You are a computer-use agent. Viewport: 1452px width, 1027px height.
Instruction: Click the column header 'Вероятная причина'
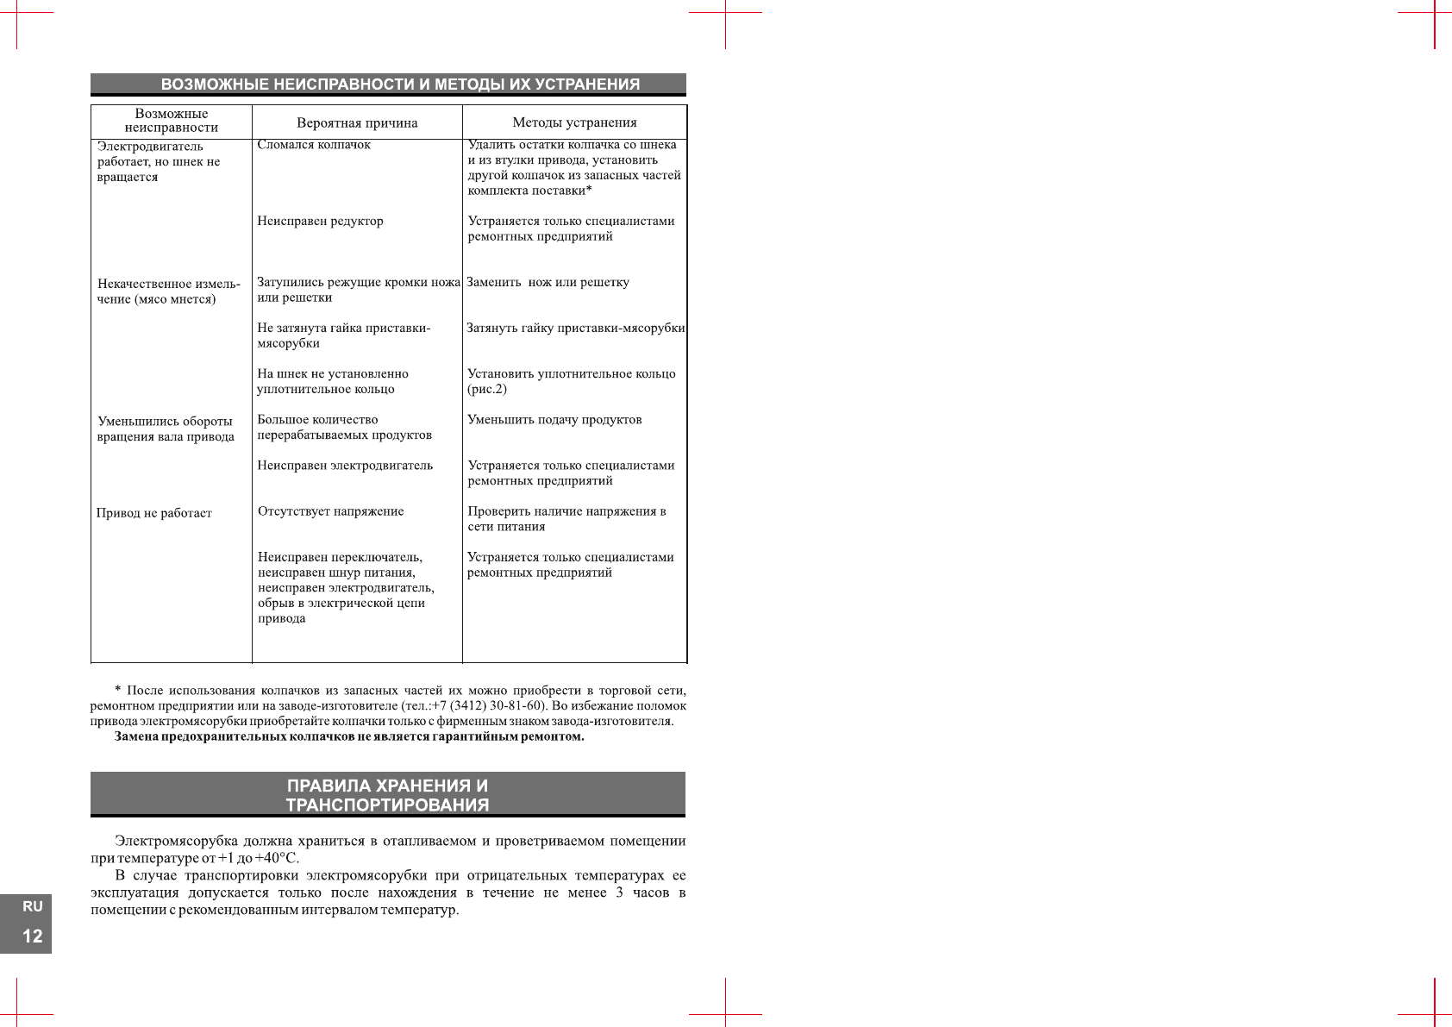click(x=357, y=122)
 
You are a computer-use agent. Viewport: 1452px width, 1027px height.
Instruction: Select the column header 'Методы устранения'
click(x=574, y=122)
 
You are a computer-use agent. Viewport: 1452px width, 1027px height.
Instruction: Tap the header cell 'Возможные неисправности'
click(x=172, y=121)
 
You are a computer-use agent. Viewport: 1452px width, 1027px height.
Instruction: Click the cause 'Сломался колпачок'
click(x=314, y=145)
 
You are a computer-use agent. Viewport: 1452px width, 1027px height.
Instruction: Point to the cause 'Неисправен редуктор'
click(x=320, y=222)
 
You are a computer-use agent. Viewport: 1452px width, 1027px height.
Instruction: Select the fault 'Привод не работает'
click(x=154, y=513)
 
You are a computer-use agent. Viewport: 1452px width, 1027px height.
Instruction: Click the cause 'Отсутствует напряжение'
click(x=330, y=511)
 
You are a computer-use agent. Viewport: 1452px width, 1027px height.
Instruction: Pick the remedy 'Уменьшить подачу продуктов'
click(x=554, y=420)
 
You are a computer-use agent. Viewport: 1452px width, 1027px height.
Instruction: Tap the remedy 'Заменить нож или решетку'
click(x=548, y=283)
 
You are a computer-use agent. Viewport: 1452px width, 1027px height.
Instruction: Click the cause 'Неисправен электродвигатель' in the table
click(x=345, y=466)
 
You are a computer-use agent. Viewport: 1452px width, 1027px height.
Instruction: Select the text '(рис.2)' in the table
click(x=487, y=390)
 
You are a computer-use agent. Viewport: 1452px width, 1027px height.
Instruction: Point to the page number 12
click(x=32, y=936)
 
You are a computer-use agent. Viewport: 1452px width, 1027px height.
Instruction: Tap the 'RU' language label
click(x=32, y=906)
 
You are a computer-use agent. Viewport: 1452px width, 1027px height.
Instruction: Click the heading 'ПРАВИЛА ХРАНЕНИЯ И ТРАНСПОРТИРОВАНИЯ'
click(x=387, y=795)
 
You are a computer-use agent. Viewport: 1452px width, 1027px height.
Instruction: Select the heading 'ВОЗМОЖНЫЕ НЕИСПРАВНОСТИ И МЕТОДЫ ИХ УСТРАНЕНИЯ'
click(x=400, y=85)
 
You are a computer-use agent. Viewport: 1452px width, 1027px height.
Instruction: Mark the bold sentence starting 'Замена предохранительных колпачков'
click(x=349, y=737)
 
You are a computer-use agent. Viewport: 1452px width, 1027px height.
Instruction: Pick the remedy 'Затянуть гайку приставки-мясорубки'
click(x=575, y=329)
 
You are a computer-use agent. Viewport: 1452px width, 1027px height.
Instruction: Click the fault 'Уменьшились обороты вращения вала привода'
click(x=166, y=429)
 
